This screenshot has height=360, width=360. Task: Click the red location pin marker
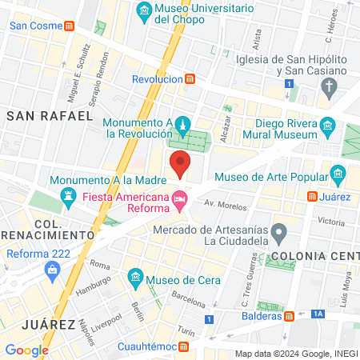181,163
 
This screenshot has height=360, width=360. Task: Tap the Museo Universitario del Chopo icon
145,10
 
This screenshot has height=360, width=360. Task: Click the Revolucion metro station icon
190,79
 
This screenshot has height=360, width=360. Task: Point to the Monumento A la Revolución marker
183,125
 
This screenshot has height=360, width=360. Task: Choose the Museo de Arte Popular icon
337,174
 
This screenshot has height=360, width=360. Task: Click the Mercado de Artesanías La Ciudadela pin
278,234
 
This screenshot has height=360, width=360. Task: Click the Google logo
27,350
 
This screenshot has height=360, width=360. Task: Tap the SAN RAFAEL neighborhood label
50,116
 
